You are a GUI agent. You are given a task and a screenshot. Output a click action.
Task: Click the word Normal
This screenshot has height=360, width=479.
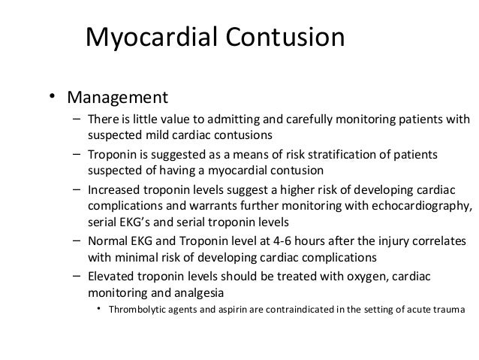[108, 241]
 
